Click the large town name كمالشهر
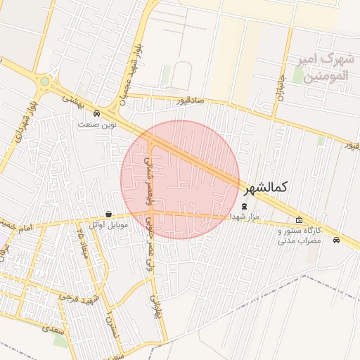pos(267,188)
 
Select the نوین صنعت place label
pos(96,124)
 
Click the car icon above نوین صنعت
pos(96,113)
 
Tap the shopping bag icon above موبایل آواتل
pos(108,214)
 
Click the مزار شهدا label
pos(245,217)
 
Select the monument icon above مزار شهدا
pos(245,207)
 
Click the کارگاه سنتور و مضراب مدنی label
pos(300,236)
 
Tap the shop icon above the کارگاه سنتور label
pos(300,220)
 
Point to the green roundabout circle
pos(45,82)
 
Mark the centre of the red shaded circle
pos(180,179)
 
